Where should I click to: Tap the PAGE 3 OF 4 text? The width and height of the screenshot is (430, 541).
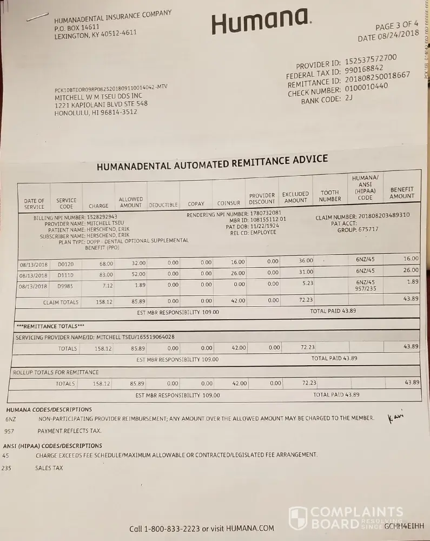coord(396,25)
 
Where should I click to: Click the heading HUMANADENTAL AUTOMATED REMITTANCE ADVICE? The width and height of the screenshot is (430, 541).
coord(212,163)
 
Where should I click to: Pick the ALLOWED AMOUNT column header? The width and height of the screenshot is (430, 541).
coord(130,202)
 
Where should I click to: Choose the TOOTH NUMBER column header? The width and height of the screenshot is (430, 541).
coord(330,195)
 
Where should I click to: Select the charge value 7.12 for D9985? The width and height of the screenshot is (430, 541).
coord(107,286)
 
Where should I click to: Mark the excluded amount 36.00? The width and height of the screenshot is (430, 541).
coord(306,261)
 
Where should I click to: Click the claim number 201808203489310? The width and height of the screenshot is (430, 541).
coord(384,215)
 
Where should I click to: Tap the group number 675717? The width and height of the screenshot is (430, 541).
coord(367,229)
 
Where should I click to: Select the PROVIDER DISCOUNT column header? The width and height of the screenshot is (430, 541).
coord(262,199)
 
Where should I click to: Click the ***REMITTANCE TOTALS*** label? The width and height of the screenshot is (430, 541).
coord(50,326)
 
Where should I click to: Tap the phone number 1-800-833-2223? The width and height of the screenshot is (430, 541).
coord(172,529)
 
